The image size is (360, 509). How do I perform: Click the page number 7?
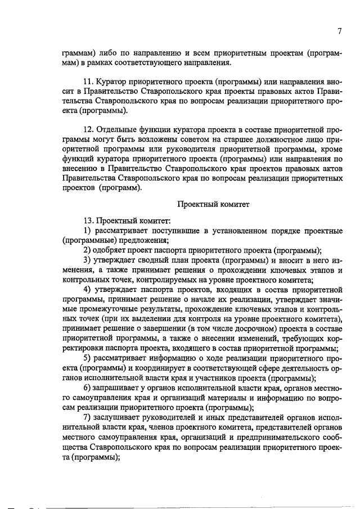[340, 31]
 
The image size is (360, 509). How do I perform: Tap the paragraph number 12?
[88, 130]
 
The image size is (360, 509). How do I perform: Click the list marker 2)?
[87, 250]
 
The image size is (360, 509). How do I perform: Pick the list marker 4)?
[87, 289]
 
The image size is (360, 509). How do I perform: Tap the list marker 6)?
[87, 389]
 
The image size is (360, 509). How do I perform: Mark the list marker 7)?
[87, 418]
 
